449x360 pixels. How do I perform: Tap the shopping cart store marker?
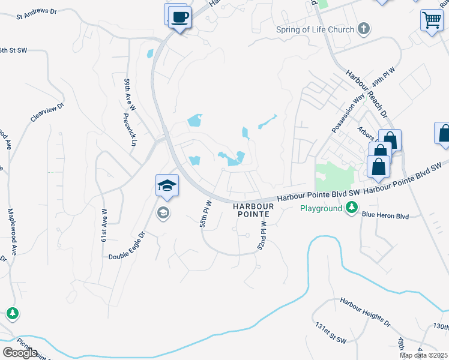click(x=432, y=20)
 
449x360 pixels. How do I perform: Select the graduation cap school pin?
click(x=167, y=185)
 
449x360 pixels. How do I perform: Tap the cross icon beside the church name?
click(x=363, y=28)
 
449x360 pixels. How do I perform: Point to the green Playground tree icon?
click(x=352, y=208)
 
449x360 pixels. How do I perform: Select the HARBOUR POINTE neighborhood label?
click(x=253, y=210)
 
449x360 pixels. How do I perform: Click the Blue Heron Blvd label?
click(x=385, y=216)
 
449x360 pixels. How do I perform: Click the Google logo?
click(x=20, y=353)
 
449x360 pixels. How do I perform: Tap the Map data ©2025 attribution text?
click(x=424, y=355)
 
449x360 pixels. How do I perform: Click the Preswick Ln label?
click(x=130, y=130)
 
